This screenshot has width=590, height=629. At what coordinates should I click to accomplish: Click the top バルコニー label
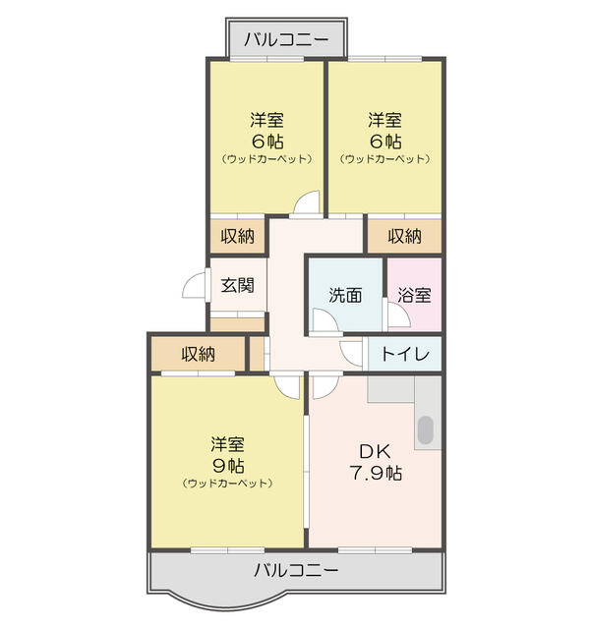pyautogui.click(x=287, y=40)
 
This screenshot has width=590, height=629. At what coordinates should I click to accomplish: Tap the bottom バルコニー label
pyautogui.click(x=296, y=570)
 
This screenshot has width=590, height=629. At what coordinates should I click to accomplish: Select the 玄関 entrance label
pyautogui.click(x=237, y=286)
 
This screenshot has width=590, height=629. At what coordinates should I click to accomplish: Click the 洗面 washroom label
pyautogui.click(x=345, y=294)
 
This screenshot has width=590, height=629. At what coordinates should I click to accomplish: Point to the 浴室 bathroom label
pyautogui.click(x=414, y=294)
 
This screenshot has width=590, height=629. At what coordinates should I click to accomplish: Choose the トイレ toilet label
pyautogui.click(x=404, y=355)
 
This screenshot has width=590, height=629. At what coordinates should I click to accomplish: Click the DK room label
pyautogui.click(x=375, y=451)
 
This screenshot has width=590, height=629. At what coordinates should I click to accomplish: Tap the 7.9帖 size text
pyautogui.click(x=375, y=473)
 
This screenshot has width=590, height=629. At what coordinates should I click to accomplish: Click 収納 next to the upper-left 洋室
pyautogui.click(x=237, y=236)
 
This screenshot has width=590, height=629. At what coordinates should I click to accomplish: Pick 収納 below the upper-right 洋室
pyautogui.click(x=404, y=236)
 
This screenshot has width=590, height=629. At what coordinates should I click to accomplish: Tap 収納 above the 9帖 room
pyautogui.click(x=198, y=354)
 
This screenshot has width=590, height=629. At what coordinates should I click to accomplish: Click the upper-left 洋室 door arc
pyautogui.click(x=307, y=201)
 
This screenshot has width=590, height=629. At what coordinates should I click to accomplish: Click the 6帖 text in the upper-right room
pyautogui.click(x=384, y=141)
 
